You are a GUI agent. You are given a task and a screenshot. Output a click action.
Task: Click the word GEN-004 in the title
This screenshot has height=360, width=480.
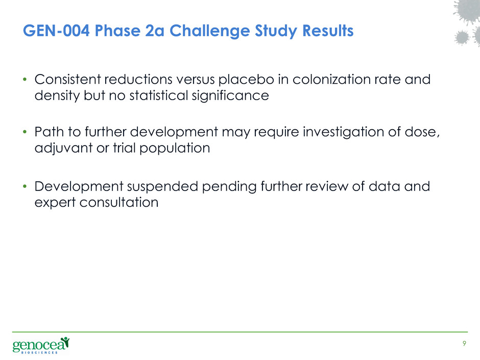[x=56, y=31]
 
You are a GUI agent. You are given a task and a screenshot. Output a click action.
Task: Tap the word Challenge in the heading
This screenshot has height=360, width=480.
[x=209, y=31]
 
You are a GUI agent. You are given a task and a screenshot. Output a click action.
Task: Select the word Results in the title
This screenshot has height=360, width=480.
[x=328, y=31]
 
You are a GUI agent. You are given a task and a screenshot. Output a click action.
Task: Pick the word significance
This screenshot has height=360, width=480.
[x=230, y=95]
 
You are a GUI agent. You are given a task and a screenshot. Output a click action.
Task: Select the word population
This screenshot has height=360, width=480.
[x=175, y=149]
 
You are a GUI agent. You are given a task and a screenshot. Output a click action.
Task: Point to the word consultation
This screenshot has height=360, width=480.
[x=119, y=202]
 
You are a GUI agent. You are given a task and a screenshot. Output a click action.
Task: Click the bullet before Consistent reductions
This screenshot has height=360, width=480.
[x=25, y=80]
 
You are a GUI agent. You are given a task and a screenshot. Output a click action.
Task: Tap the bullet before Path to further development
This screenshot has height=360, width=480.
[x=25, y=132]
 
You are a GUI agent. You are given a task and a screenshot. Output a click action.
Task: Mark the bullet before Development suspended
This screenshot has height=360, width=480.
[x=25, y=186]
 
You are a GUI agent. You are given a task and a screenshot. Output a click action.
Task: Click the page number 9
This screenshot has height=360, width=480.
[x=464, y=344]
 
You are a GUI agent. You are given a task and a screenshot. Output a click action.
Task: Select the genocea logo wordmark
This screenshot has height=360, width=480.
[x=39, y=345]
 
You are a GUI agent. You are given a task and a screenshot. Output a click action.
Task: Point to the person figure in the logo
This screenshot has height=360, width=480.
[x=65, y=342]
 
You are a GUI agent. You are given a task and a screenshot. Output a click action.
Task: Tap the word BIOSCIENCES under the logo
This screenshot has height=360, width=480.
[x=39, y=353]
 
